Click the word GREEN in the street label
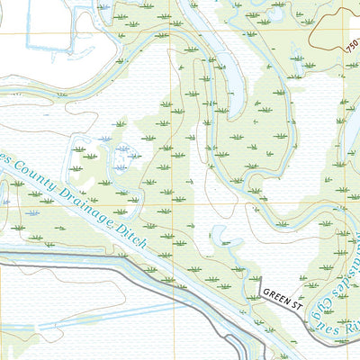coord(277,294)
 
